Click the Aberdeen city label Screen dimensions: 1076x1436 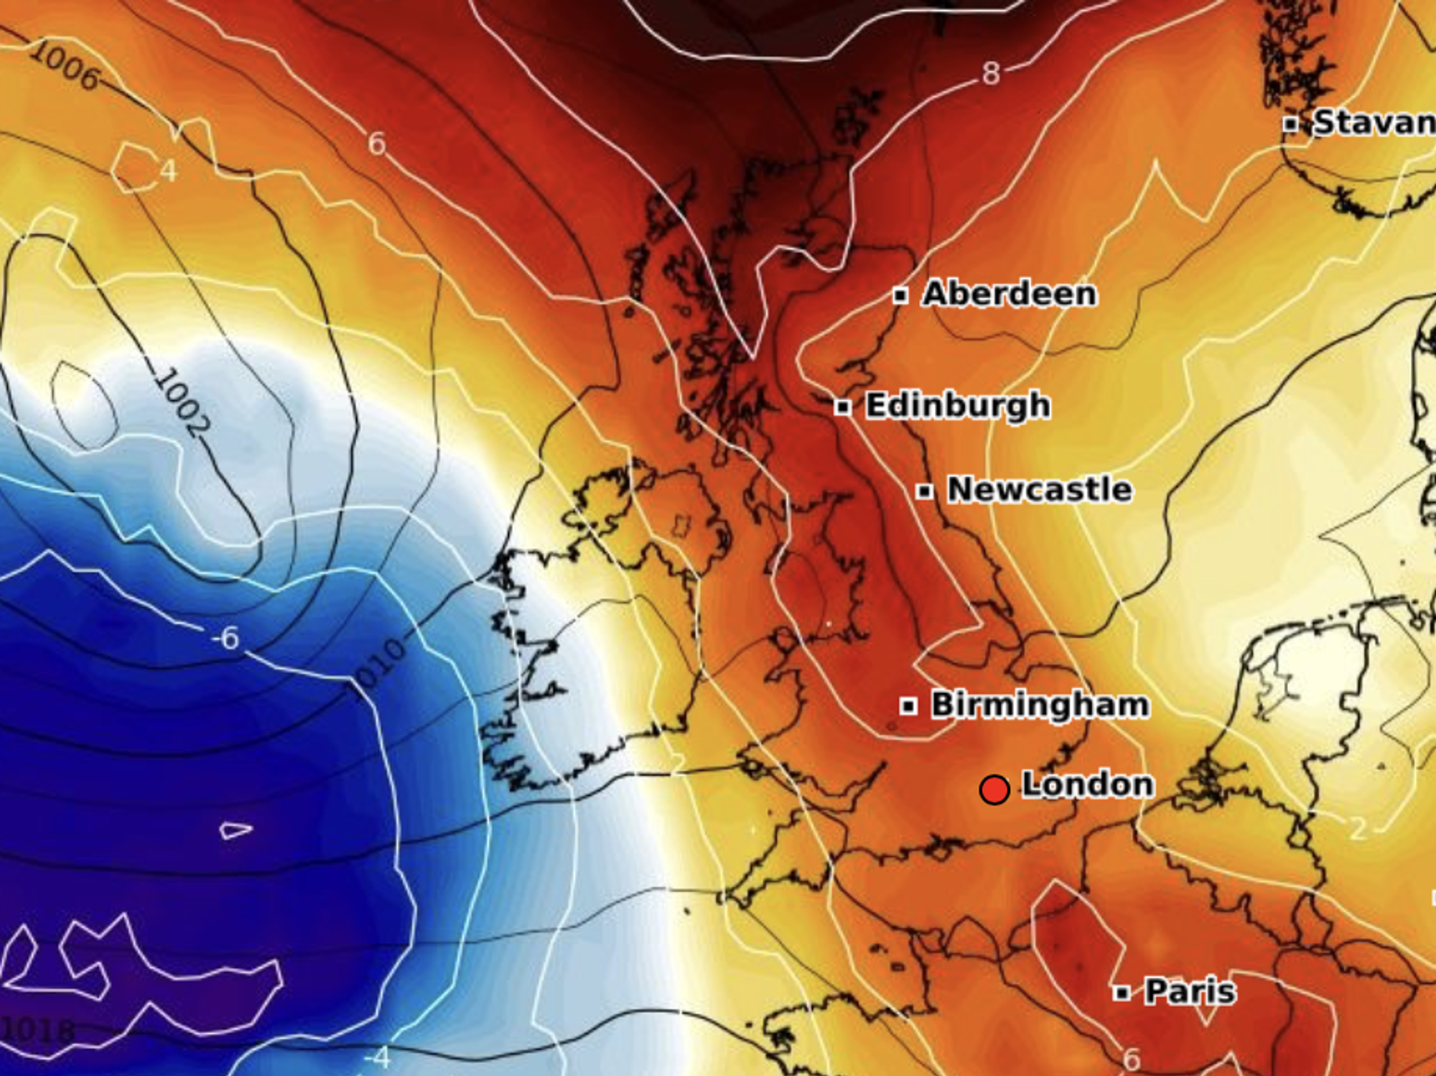[1010, 294]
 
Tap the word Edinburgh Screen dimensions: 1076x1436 [958, 406]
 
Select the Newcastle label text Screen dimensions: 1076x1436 [1040, 490]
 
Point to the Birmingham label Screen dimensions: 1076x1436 [1040, 705]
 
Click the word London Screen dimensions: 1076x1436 [1087, 784]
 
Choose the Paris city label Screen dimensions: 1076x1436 [1190, 992]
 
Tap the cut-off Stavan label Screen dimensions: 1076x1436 [1373, 123]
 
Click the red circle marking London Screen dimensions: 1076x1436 [994, 789]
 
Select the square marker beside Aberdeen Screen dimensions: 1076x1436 [900, 295]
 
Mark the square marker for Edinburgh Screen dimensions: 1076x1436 [843, 407]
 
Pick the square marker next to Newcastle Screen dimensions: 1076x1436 [925, 491]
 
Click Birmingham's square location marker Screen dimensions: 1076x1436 [908, 706]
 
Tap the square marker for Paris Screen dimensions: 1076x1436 [1122, 993]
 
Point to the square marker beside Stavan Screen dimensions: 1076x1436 [1291, 124]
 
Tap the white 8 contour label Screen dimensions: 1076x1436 [991, 73]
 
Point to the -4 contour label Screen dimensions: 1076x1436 [377, 1057]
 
